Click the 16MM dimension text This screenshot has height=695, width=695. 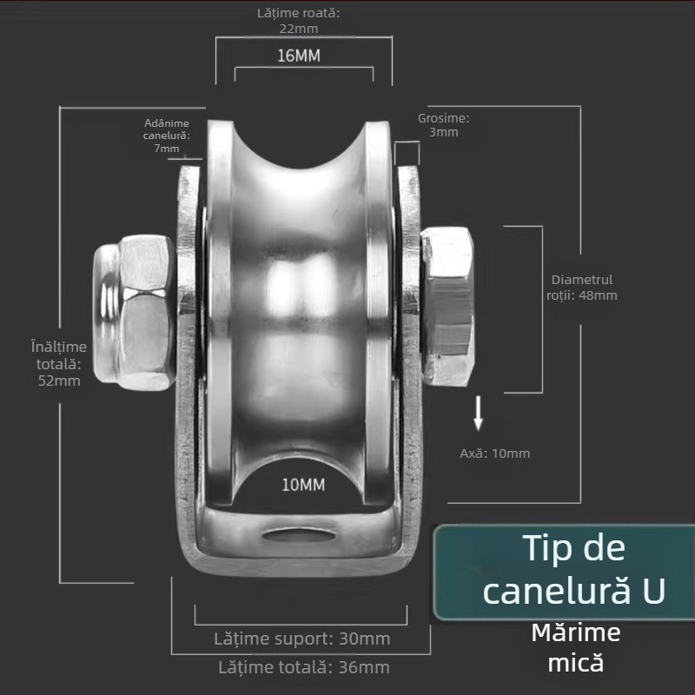pos(299,56)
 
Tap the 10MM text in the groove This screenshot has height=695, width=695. pos(303,485)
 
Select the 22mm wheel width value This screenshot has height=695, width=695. pos(298,29)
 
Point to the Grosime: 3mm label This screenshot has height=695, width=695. pos(443,125)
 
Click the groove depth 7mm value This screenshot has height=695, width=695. pos(167,149)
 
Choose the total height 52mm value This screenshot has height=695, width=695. pos(59,381)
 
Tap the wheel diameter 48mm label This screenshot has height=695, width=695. pos(581,288)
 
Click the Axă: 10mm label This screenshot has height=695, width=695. pos(494,453)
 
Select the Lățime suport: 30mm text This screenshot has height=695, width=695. pos(301,639)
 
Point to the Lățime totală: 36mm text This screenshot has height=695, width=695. pos(303,667)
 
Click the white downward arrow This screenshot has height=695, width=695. pos(479,414)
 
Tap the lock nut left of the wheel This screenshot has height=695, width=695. pos(135,312)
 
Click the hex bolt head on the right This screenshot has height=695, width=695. pos(447,306)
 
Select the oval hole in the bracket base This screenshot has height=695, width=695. pos(301,535)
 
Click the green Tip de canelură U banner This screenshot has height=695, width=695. pos(564,572)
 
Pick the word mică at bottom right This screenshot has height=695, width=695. pos(576,663)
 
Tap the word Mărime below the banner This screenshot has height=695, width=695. pos(576,632)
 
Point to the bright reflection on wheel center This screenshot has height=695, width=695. pos(301,284)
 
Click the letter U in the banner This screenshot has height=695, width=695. pos(653,591)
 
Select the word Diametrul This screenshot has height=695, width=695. pos(582,280)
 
